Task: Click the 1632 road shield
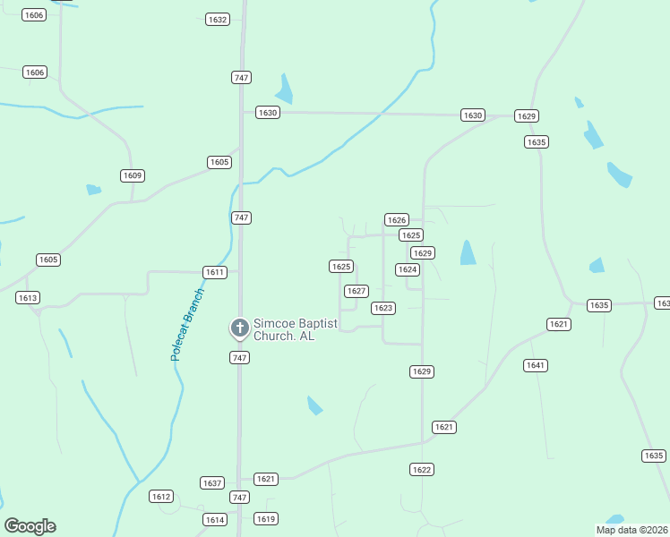coord(217,19)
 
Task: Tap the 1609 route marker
coord(133,175)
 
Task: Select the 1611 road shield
coord(215,272)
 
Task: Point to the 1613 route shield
coord(27,297)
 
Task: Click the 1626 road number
coord(397,219)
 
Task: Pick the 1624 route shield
coord(408,269)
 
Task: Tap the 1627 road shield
coord(356,291)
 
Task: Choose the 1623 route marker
coord(383,308)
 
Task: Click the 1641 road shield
coord(536,365)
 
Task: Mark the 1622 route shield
coord(422,469)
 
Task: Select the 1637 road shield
coord(212,482)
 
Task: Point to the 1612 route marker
coord(161,497)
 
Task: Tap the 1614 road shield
coord(215,519)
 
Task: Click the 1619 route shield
coord(266,518)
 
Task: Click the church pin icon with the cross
coord(239,328)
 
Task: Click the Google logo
coord(30,526)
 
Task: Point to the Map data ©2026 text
coord(631,530)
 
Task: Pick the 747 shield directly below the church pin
coord(239,357)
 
